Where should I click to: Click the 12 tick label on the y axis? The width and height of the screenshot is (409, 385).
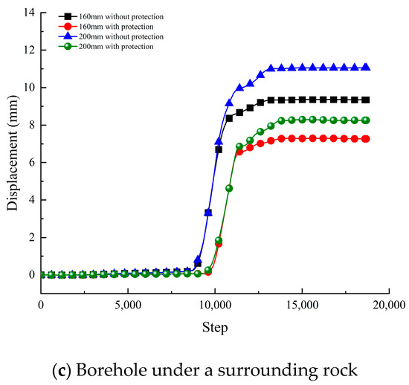coord(28,50)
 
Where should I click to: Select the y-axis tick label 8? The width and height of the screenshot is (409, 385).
coord(30,125)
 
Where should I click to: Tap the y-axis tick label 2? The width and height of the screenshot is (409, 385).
coord(30,237)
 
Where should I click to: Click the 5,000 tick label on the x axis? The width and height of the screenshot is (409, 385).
coord(128,305)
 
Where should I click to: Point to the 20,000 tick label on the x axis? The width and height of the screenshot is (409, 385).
coord(387,305)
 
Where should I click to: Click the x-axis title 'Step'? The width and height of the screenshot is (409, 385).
coord(214,326)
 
